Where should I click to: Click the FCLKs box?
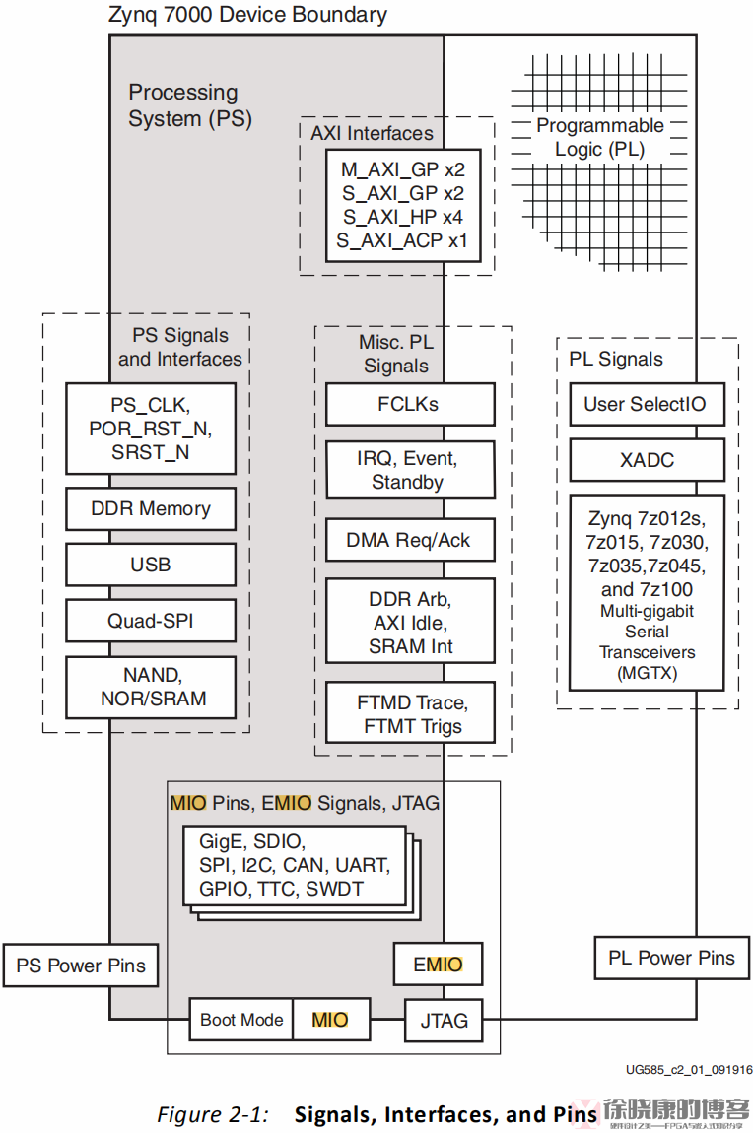(410, 404)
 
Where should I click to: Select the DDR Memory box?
(151, 509)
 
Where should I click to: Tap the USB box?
(151, 565)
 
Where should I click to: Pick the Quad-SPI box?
(151, 621)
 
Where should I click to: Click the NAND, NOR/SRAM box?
(151, 687)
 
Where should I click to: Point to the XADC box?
(647, 459)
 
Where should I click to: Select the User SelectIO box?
(647, 404)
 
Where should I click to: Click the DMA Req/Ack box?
(410, 540)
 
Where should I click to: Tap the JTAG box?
(444, 1020)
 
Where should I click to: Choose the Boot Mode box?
(241, 1020)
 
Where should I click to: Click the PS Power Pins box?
(81, 966)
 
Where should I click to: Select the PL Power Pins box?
(671, 958)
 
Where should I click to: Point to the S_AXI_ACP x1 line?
(402, 240)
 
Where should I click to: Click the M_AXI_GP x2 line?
(402, 169)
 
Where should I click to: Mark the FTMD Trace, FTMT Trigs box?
(410, 715)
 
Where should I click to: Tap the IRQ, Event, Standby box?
(410, 470)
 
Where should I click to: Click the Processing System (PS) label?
(190, 105)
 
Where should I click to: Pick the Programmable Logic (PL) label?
(599, 138)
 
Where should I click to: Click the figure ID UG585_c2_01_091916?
(688, 1069)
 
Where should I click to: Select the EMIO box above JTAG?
(438, 965)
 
